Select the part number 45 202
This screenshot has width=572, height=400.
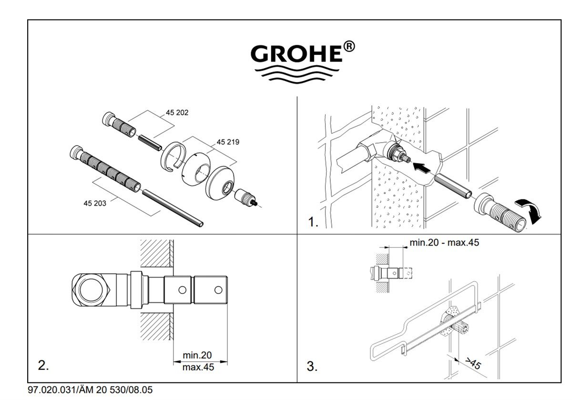(x=177, y=113)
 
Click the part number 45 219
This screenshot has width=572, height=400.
(x=228, y=142)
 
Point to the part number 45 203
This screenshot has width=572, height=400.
(x=94, y=203)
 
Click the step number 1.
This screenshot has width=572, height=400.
(x=313, y=223)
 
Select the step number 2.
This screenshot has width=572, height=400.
(x=43, y=366)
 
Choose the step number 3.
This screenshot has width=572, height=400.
(x=312, y=367)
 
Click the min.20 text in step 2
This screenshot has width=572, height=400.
(x=197, y=355)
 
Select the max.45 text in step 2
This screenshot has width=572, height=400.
(x=198, y=367)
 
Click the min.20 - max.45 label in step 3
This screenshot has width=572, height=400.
(x=444, y=243)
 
